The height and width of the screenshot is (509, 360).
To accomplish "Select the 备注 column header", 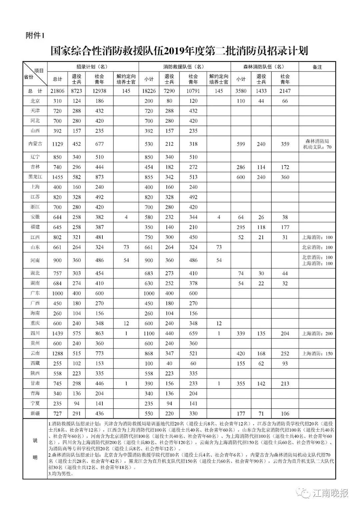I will coord(317,67).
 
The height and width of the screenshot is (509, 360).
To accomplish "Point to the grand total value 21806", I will coord(57,91).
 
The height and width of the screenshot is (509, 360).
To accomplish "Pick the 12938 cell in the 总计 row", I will coord(99,91).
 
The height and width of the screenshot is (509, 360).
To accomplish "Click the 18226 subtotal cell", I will coord(149,91).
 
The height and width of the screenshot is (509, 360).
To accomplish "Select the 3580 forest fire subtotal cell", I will coord(241,91).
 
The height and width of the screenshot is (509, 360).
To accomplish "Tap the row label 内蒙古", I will coord(35,144).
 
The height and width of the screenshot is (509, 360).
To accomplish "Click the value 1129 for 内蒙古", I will coord(57,144).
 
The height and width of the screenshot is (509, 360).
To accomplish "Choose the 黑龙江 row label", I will coord(35,177).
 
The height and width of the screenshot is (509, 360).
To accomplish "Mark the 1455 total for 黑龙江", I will coord(57,177).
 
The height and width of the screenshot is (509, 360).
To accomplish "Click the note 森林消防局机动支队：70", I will coord(317,144).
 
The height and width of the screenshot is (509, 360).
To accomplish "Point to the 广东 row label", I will coord(35,293).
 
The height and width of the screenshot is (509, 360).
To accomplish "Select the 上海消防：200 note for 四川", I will coord(317,334).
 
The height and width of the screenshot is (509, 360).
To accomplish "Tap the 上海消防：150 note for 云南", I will coord(317,354).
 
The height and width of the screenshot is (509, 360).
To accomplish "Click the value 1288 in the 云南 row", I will coord(57,354).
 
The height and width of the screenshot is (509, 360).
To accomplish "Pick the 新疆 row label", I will coord(35,414).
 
